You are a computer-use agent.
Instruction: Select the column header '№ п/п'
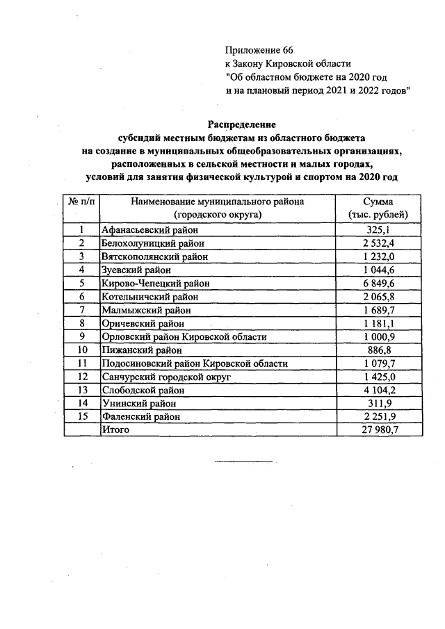pyautogui.click(x=80, y=201)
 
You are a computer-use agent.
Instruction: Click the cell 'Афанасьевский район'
pyautogui.click(x=149, y=229)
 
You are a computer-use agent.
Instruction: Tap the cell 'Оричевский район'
pyautogui.click(x=142, y=323)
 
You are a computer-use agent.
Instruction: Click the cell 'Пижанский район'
pyautogui.click(x=140, y=350)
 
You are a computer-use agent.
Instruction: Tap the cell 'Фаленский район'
pyautogui.click(x=140, y=416)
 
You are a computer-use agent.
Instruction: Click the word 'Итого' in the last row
pyautogui.click(x=115, y=430)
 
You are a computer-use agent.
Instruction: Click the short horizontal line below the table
pyautogui.click(x=243, y=461)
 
